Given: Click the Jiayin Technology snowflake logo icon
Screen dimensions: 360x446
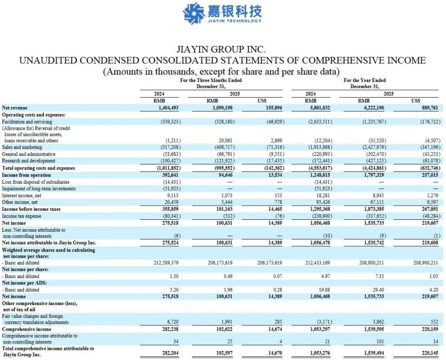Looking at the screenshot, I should pyautogui.click(x=194, y=13).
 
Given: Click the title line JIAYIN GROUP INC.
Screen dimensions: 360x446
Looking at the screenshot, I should pyautogui.click(x=221, y=49).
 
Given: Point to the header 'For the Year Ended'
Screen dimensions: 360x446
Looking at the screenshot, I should pyautogui.click(x=364, y=81).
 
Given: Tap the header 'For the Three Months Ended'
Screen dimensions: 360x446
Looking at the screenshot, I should pyautogui.click(x=210, y=81).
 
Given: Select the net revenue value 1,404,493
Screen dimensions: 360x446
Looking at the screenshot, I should pyautogui.click(x=165, y=108).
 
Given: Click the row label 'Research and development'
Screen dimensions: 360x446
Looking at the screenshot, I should pyautogui.click(x=28, y=161).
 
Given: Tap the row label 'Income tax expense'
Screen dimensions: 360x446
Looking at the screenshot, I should pyautogui.click(x=22, y=216).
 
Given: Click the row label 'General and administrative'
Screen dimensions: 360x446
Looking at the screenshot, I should pyautogui.click(x=28, y=154).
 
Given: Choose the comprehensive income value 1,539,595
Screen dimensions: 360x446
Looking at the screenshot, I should pyautogui.click(x=372, y=329).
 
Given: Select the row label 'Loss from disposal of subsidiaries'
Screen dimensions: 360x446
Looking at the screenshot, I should pyautogui.click(x=36, y=182).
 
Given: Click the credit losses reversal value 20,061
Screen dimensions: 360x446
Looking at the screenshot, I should pyautogui.click(x=219, y=141).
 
